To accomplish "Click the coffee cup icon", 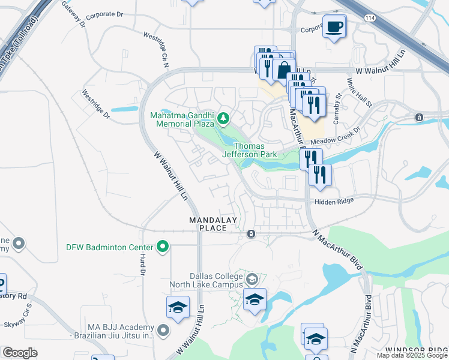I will [x=334, y=26].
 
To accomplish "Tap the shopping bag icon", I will [x=283, y=70].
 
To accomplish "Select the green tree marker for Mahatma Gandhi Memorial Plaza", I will [x=224, y=118].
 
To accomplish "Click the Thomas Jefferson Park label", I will [x=255, y=150].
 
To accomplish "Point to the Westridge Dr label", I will [x=96, y=103].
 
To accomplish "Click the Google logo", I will [x=20, y=353].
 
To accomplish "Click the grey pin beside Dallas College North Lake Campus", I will [x=252, y=279].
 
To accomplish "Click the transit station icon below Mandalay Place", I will [x=251, y=233].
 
